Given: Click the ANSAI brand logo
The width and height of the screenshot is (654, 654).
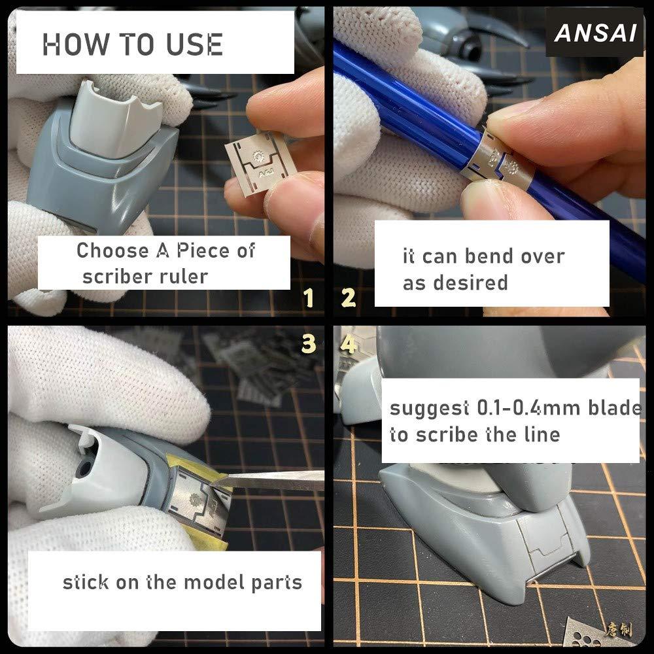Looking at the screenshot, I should [595, 33].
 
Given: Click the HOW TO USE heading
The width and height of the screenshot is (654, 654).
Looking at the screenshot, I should [133, 44].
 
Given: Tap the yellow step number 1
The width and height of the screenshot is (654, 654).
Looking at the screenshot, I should [309, 298].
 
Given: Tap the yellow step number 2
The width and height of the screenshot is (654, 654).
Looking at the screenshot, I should [349, 298].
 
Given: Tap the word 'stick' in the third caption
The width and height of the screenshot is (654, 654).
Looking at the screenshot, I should [86, 581].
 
